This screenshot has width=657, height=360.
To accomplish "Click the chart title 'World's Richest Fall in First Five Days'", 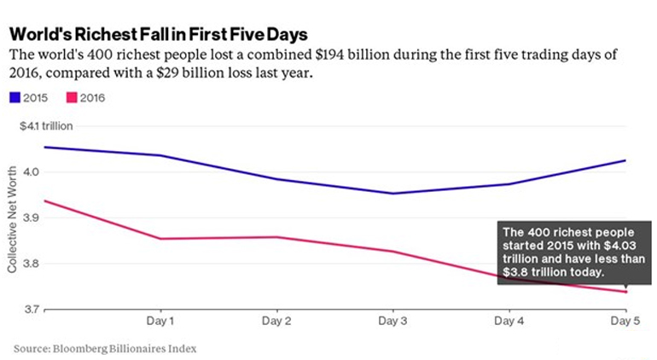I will [158, 32].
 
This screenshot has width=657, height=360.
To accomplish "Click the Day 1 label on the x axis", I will [159, 322].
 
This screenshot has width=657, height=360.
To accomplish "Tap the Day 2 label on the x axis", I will [277, 322].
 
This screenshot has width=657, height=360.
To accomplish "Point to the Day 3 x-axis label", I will [392, 322].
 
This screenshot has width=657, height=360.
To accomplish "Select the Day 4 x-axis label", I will [509, 322].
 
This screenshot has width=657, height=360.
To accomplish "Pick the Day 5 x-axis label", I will [625, 322].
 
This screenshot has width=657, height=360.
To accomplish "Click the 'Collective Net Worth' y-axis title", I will [13, 218].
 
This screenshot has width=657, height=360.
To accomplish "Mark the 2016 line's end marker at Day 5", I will [625, 292].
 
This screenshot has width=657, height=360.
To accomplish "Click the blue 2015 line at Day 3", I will [392, 193].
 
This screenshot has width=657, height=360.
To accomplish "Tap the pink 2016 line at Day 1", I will [159, 238].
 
